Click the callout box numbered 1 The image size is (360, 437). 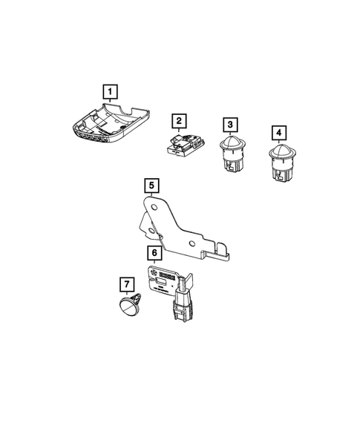tap(110, 92)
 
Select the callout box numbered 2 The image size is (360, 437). tap(179, 120)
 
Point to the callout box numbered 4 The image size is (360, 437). tap(278, 133)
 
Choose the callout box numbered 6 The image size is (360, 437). tap(154, 254)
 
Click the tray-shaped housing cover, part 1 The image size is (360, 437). tap(111, 122)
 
